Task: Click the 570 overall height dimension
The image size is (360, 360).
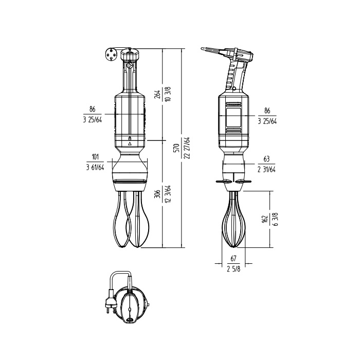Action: tap(177, 148)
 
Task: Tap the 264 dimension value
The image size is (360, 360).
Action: tap(157, 94)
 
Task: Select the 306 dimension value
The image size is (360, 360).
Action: tap(157, 194)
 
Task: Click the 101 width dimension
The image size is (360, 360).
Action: tap(95, 157)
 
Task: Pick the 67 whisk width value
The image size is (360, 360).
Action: tap(233, 259)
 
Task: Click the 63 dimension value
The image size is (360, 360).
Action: tap(266, 159)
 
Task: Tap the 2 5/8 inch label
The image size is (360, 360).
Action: tap(233, 269)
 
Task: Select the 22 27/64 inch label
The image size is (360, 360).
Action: tap(187, 148)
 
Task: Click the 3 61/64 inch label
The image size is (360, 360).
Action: tap(95, 168)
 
